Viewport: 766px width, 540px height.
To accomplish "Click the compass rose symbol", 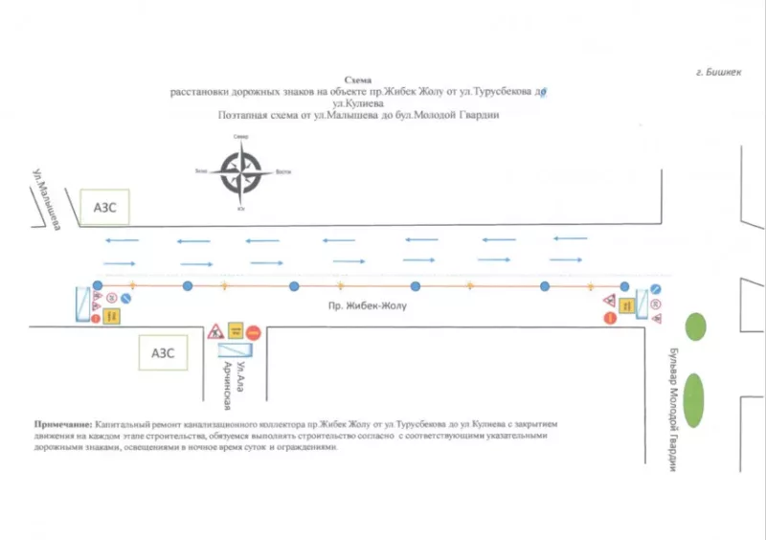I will coord(239,172).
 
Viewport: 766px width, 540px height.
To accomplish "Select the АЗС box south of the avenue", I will coord(163,351).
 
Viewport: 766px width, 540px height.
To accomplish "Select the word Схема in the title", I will coord(356,82).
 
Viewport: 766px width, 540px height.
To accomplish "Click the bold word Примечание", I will coord(63,423).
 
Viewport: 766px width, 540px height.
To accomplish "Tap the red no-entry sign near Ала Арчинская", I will coord(254,332).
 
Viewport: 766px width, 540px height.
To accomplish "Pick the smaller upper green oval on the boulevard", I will coord(696,326).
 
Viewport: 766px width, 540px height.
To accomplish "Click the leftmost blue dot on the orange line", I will coord(98,285).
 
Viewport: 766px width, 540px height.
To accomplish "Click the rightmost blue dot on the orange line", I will coord(625,285).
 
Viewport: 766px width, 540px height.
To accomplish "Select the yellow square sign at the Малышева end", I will coord(112,314).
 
